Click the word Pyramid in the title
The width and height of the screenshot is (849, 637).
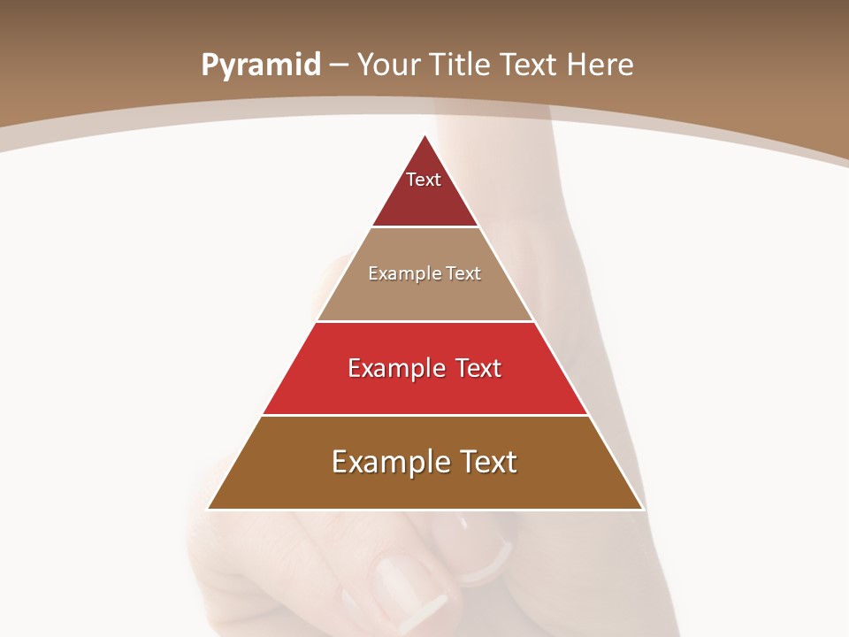tap(261, 65)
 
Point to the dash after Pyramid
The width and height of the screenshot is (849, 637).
tap(339, 65)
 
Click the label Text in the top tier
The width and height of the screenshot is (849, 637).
tap(424, 180)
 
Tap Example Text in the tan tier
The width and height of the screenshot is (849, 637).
tap(424, 273)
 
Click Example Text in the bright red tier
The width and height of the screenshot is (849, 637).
tap(424, 368)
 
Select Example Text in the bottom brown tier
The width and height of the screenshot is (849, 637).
tap(424, 462)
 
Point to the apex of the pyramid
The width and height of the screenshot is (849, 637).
tap(425, 136)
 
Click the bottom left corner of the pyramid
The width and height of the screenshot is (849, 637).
tap(209, 509)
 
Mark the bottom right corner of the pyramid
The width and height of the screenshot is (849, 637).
tap(642, 509)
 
